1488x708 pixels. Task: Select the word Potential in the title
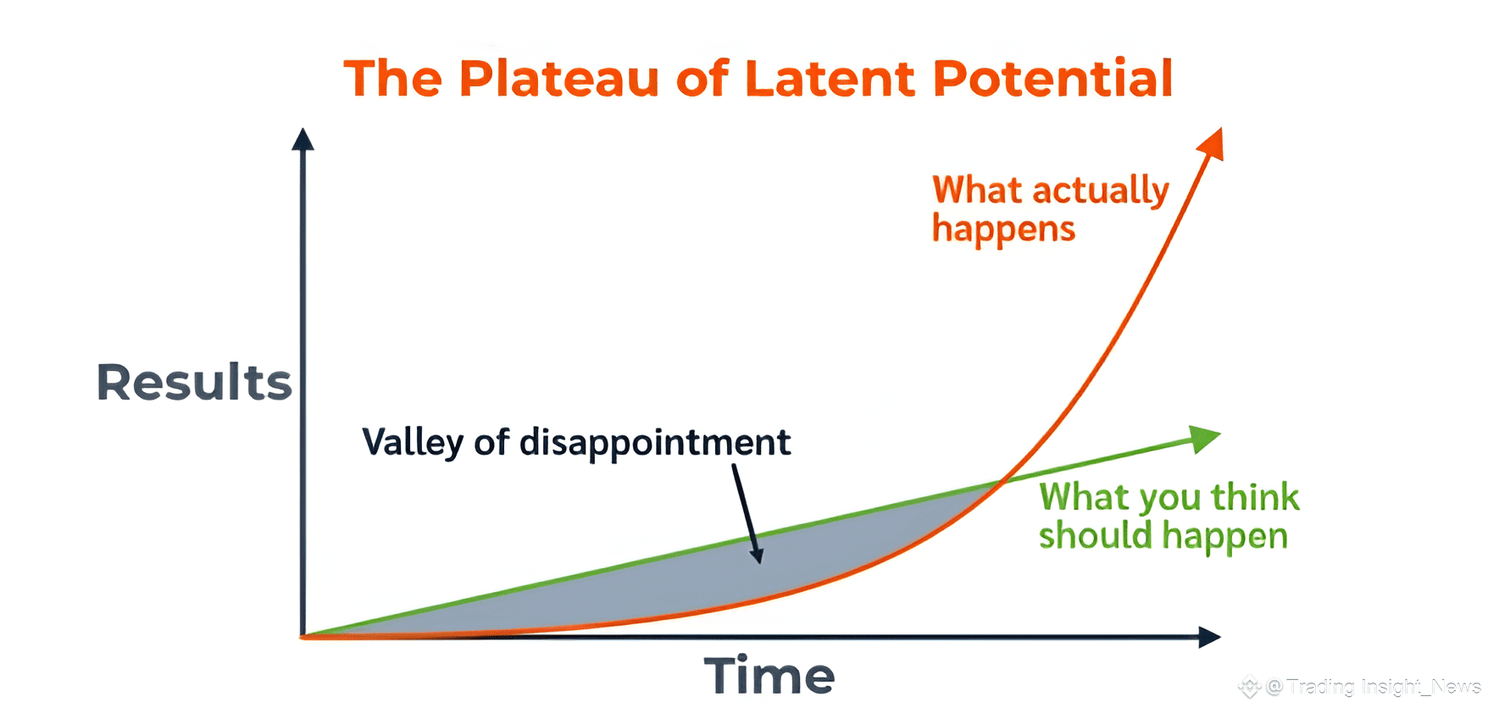[x=1052, y=79]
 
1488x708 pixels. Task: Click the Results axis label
[x=194, y=382]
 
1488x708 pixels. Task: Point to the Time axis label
[x=769, y=676]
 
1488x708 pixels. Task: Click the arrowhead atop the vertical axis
[x=303, y=139]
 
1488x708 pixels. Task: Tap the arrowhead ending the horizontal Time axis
[x=1209, y=637]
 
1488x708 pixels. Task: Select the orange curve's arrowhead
[x=1212, y=143]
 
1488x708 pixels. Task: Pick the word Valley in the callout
[x=413, y=443]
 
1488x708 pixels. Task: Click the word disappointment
[x=655, y=442]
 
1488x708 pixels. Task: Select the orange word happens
[x=1003, y=230]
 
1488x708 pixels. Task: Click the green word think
[x=1255, y=497]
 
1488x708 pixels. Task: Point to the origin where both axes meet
[x=303, y=637]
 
